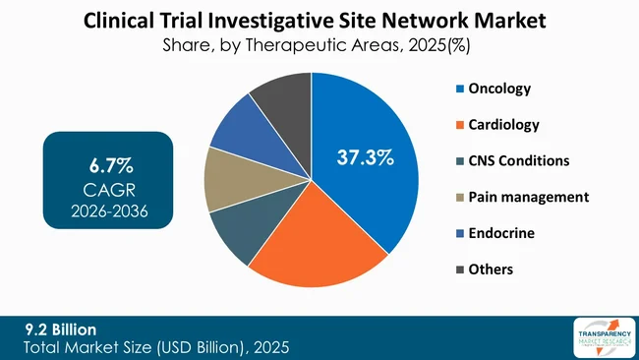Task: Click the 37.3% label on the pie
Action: (x=366, y=156)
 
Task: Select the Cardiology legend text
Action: (x=502, y=125)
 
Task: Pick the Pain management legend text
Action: (x=528, y=197)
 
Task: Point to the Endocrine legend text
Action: (x=500, y=232)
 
